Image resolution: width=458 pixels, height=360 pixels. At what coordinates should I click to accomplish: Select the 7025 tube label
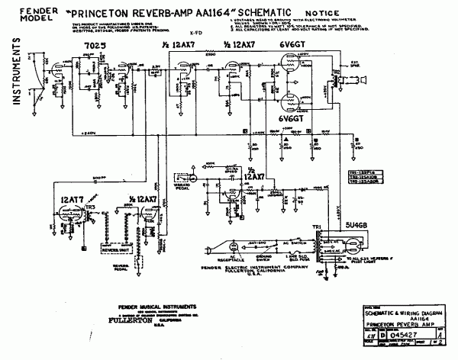(92, 47)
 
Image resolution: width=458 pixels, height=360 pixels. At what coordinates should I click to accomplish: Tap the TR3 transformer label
(91, 207)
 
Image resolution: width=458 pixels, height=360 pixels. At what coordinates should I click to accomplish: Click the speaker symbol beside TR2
(365, 80)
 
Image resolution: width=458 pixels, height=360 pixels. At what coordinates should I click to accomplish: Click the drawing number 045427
(402, 333)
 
